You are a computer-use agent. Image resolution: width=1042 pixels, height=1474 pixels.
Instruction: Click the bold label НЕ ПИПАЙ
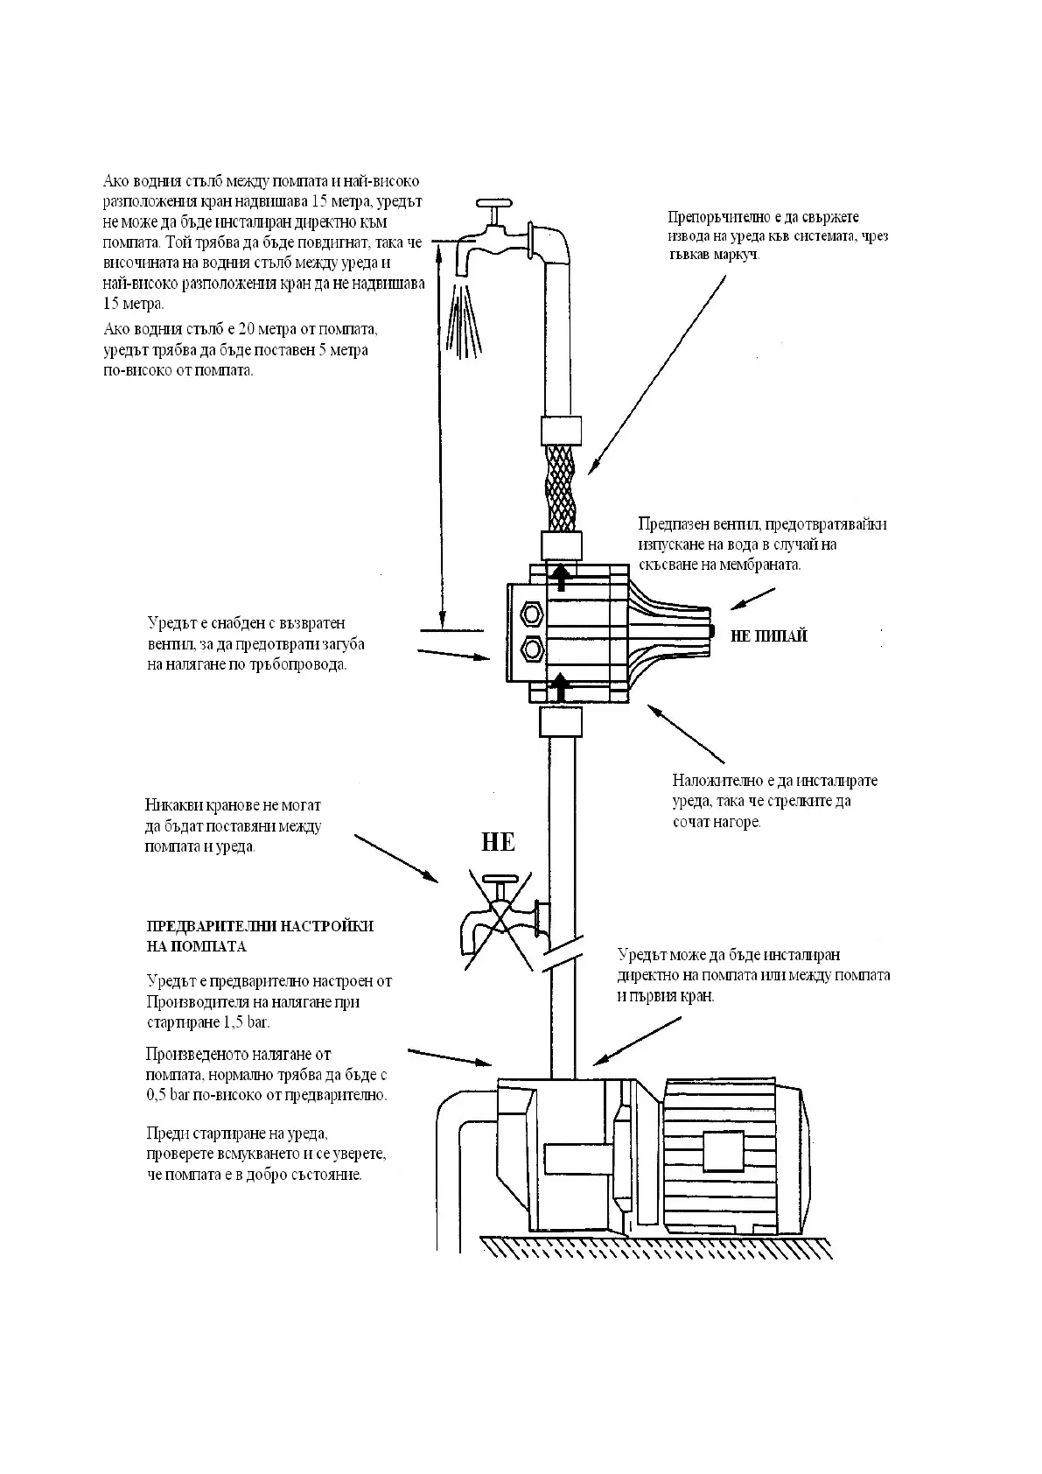768,636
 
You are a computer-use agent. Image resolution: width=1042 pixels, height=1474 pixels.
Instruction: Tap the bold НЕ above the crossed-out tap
498,842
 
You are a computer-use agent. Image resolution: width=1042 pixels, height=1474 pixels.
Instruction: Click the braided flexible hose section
560,487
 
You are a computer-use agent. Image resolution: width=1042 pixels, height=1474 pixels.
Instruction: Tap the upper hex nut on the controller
530,612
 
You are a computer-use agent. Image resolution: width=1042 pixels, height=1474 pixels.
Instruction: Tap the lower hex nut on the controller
530,649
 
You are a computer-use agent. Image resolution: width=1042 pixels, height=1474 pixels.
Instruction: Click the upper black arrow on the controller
561,574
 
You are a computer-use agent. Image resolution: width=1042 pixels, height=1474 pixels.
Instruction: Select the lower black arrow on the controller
561,689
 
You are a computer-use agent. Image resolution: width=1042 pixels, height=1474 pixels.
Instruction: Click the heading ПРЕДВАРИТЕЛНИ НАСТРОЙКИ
260,926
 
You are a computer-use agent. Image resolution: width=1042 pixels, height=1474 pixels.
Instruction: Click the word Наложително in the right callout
714,780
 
